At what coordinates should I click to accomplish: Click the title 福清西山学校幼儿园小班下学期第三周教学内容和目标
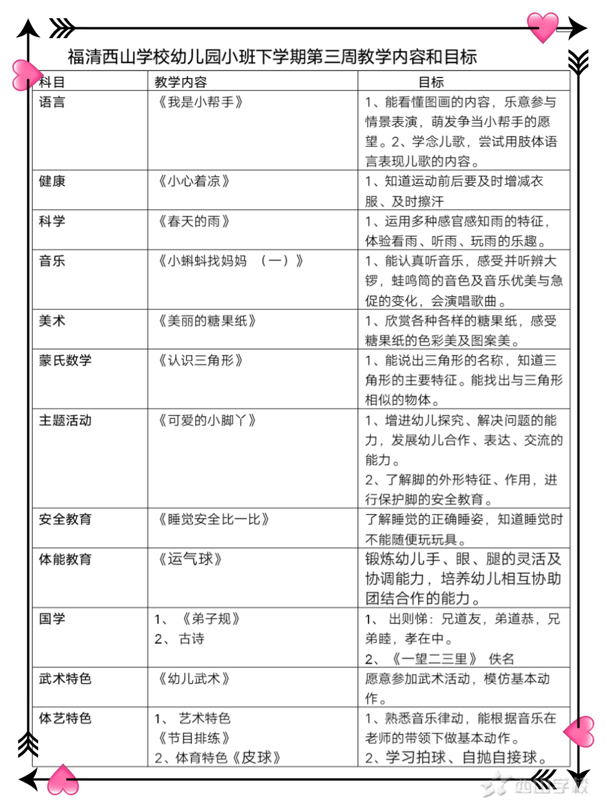(272, 57)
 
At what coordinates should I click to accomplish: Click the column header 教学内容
(181, 82)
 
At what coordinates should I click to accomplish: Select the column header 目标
(431, 82)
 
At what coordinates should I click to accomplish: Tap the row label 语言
(52, 102)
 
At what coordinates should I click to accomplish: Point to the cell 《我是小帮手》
(201, 102)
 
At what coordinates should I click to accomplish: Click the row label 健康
(52, 181)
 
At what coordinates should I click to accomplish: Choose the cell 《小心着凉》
(194, 181)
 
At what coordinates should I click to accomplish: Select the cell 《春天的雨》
(194, 221)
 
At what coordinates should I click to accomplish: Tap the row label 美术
(52, 321)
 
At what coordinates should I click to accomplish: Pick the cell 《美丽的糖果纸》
(207, 321)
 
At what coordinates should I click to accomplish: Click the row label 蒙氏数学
(65, 360)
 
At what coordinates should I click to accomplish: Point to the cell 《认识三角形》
(201, 360)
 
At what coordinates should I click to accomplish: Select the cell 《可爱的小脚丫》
(207, 420)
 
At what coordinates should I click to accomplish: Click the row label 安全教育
(65, 519)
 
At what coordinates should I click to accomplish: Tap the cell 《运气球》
(190, 559)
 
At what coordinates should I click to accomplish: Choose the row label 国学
(52, 618)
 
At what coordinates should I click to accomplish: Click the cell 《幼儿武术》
(194, 678)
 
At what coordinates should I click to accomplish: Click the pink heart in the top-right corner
(542, 27)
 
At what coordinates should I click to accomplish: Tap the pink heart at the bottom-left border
(63, 780)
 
